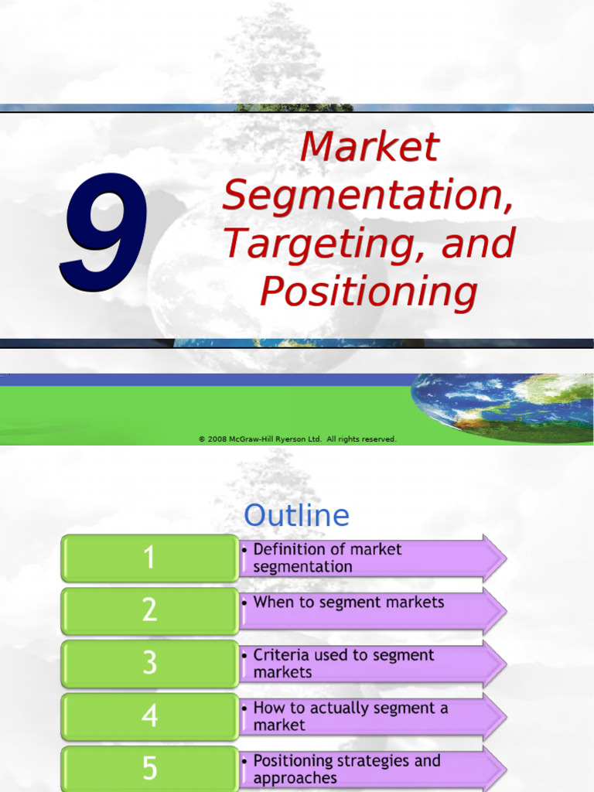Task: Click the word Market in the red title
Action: coord(370,147)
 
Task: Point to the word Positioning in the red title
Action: coord(368,292)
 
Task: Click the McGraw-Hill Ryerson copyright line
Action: coord(298,439)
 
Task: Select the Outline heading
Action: coord(297,516)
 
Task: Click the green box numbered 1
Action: coord(150,558)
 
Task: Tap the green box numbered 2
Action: coord(150,610)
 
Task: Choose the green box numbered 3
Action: coord(150,663)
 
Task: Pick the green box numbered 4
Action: coord(150,715)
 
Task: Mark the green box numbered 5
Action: coord(150,767)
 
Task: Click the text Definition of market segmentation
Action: coord(326,558)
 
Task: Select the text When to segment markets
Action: coord(348,603)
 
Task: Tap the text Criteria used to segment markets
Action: coord(343,663)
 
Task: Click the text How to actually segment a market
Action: coord(350,716)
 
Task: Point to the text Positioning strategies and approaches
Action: coord(346,769)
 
